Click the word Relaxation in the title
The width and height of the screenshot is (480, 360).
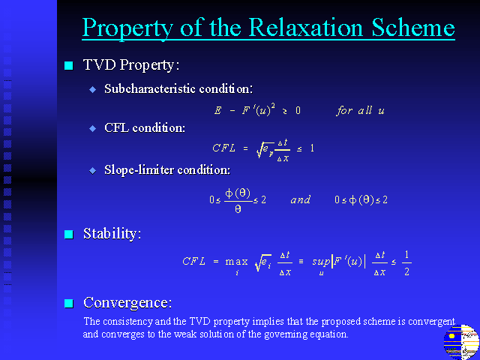[x=306, y=28]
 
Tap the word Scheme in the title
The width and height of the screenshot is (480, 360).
[x=413, y=28]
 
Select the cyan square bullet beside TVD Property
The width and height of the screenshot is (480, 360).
[x=69, y=65]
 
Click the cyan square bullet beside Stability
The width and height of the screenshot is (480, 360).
[x=69, y=235]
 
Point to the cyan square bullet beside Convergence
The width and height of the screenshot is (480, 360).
[x=69, y=303]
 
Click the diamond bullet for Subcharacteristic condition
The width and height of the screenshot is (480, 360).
[x=92, y=89]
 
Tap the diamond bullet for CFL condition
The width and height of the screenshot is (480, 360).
[x=92, y=128]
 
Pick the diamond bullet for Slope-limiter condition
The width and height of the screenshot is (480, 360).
[x=92, y=170]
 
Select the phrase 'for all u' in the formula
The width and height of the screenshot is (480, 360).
[x=360, y=110]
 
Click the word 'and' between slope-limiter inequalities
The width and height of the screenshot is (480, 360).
[x=300, y=200]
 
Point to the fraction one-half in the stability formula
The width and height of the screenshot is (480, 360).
[x=406, y=263]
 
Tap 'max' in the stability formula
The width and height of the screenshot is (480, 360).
[x=236, y=262]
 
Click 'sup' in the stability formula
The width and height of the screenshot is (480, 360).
[x=321, y=262]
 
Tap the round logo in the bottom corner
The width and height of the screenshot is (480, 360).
[x=461, y=342]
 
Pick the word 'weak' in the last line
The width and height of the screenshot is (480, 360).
[x=186, y=334]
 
